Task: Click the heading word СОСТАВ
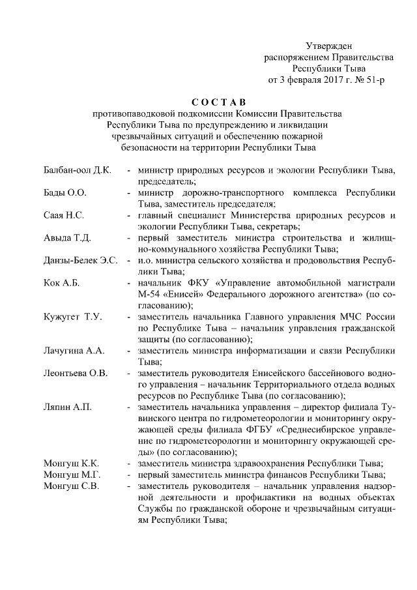pyautogui.click(x=219, y=101)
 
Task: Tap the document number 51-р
pyautogui.click(x=375, y=81)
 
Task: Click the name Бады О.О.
pyautogui.click(x=65, y=193)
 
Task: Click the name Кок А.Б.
pyautogui.click(x=62, y=283)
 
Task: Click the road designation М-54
pyautogui.click(x=149, y=294)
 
